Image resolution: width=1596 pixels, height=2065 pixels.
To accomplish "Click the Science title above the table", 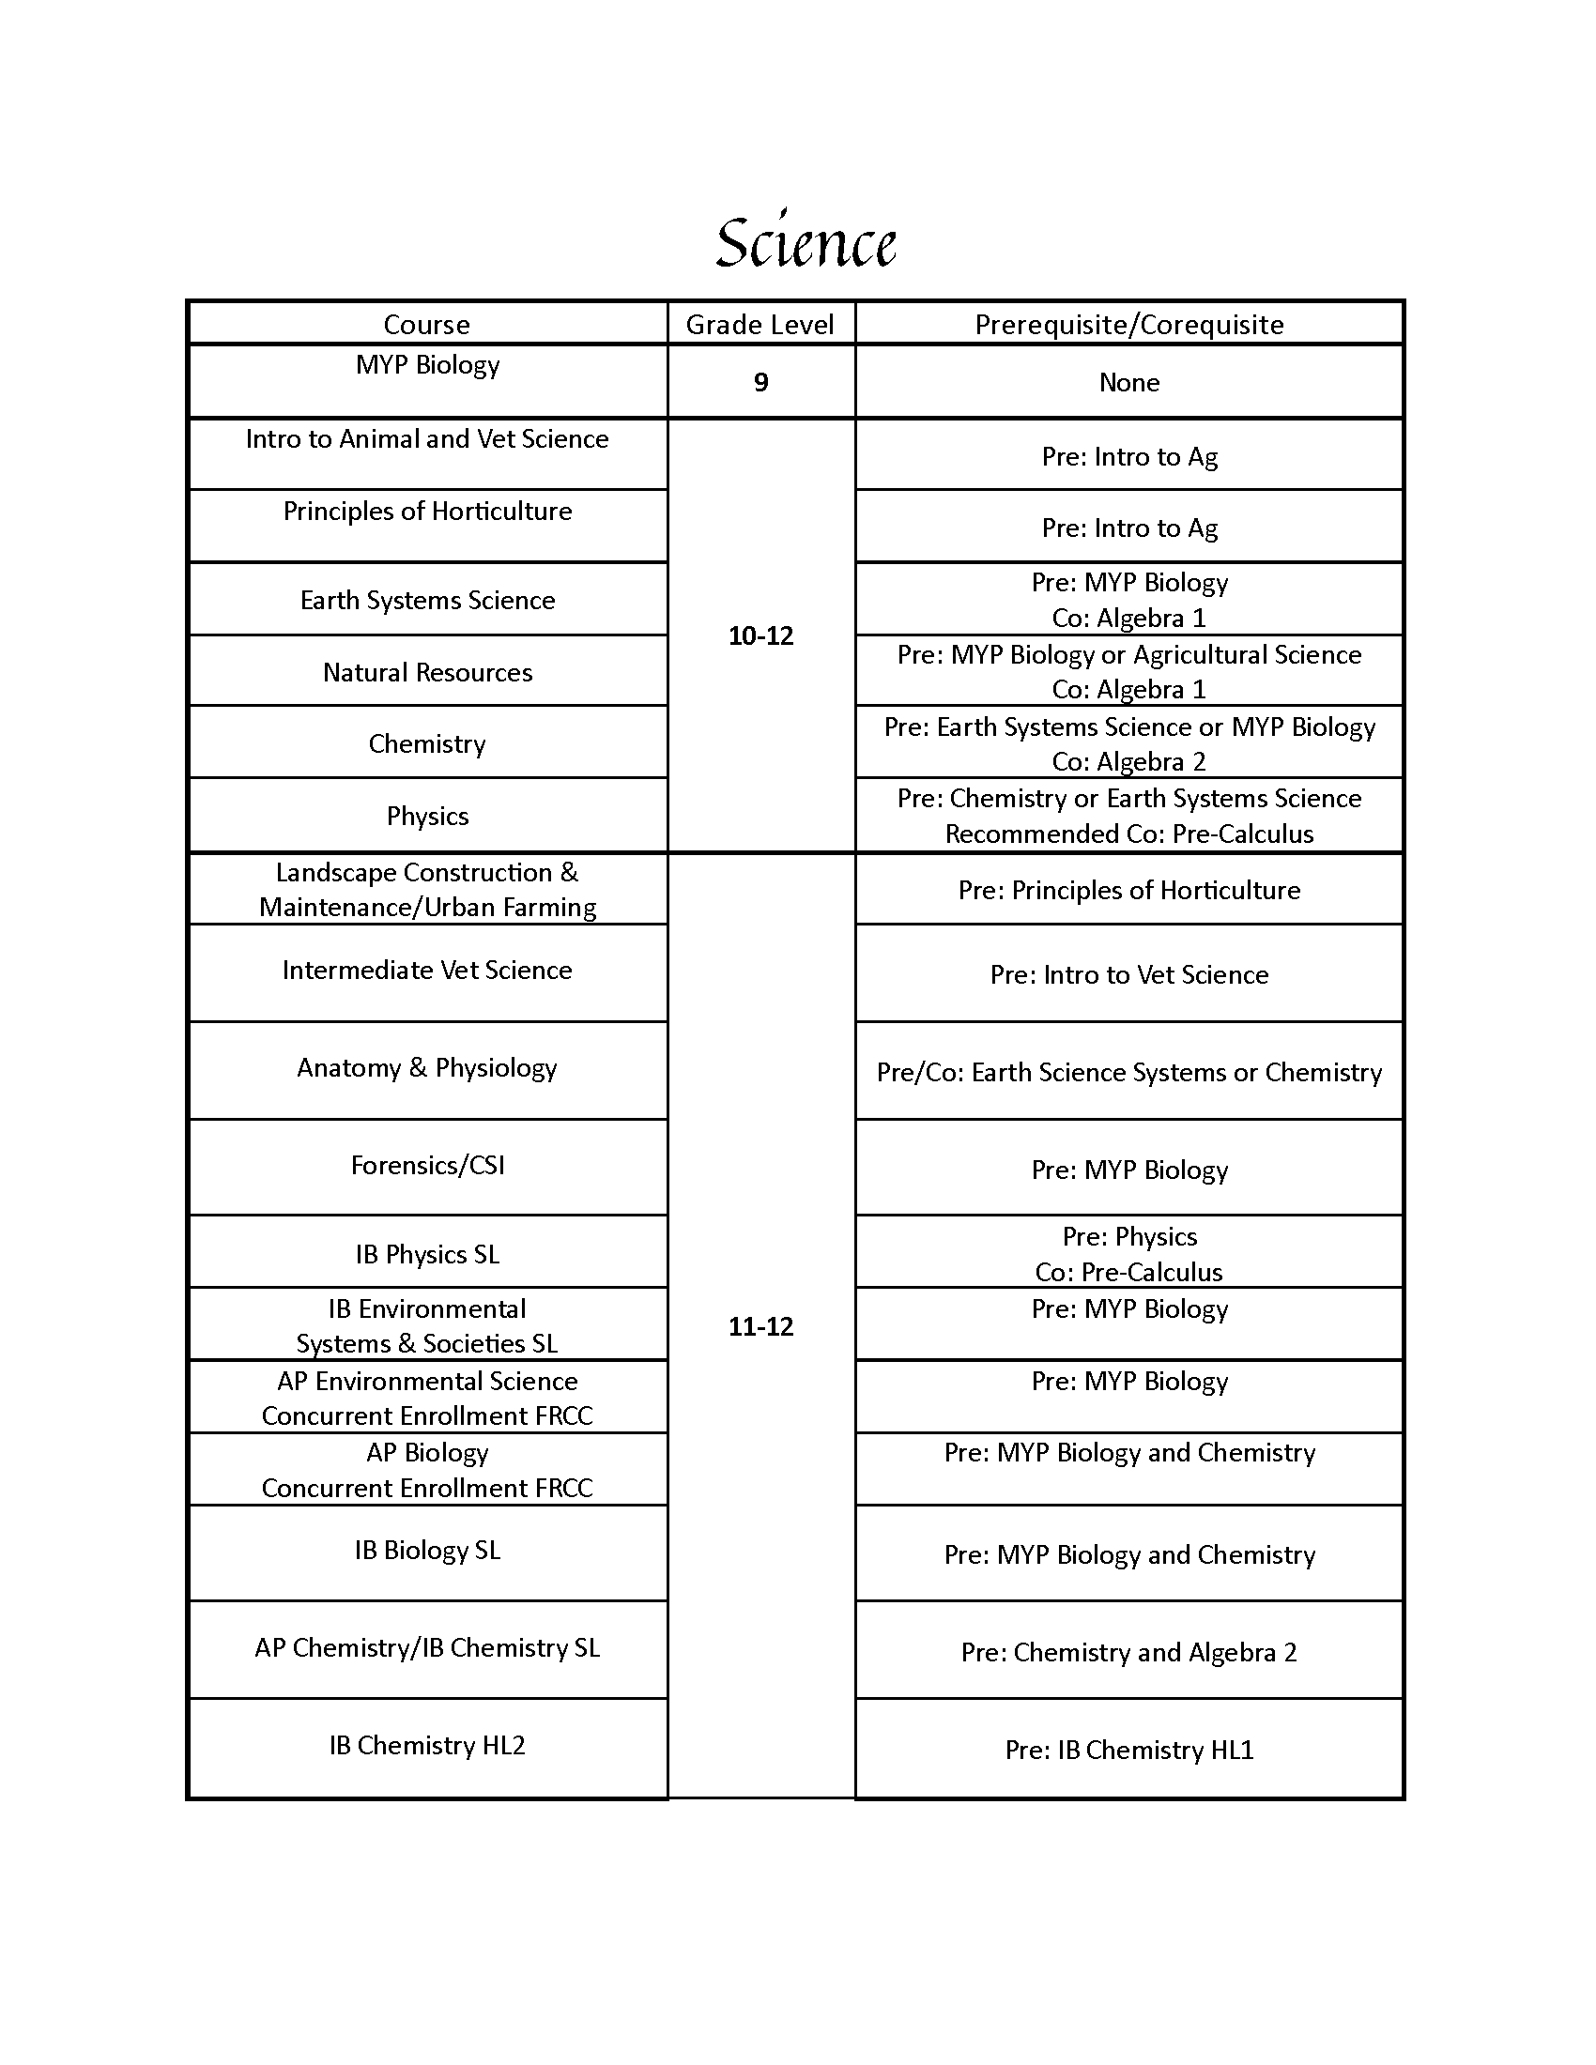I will (806, 242).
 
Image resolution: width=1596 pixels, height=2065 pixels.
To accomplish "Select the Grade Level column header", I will (760, 325).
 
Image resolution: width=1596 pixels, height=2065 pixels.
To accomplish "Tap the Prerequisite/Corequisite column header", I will (1128, 325).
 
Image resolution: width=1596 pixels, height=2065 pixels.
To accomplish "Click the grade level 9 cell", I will (760, 382).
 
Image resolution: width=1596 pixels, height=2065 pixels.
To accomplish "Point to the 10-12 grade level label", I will (760, 635).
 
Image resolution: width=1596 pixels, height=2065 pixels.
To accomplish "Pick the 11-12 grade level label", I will (760, 1326).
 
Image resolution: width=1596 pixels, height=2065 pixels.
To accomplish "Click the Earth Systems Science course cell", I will (427, 601).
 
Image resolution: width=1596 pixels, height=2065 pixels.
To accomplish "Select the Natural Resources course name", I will (427, 672).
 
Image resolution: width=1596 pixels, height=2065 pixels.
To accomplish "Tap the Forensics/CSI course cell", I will (427, 1165).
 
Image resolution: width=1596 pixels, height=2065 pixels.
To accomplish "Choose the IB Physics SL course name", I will (427, 1254).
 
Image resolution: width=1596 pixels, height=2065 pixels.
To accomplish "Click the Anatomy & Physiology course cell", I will (427, 1067).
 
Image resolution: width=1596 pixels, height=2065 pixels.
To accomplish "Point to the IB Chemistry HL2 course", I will (427, 1745).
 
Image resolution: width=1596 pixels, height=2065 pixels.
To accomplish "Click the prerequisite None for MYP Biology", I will (1128, 382).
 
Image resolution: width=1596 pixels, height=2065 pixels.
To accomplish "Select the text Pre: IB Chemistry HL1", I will (1128, 1750).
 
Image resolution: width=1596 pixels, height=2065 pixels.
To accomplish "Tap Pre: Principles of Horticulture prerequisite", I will (1128, 890).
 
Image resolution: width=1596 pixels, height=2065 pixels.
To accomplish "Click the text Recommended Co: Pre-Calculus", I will (1128, 834).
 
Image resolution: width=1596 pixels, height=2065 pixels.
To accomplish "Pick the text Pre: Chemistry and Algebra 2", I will (1128, 1652).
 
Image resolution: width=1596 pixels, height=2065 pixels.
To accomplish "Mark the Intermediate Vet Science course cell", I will (427, 971).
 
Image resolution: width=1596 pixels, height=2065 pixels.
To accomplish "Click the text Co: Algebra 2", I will (1128, 761).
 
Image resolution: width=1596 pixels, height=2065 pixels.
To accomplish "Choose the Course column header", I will (427, 325).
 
